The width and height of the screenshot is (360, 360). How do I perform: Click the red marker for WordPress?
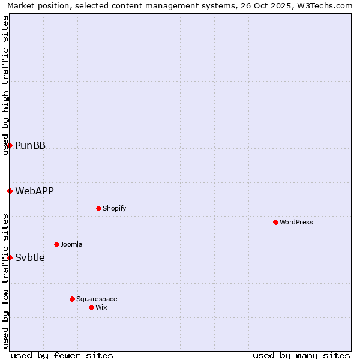pyautogui.click(x=275, y=222)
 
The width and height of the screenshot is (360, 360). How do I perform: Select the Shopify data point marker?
pyautogui.click(x=98, y=208)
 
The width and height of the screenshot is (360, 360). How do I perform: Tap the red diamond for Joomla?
pyautogui.click(x=56, y=244)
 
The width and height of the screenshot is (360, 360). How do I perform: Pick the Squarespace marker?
pyautogui.click(x=72, y=299)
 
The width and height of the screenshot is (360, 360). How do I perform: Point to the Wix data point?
pyautogui.click(x=91, y=307)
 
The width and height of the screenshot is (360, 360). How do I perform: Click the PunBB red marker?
pyautogui.click(x=10, y=145)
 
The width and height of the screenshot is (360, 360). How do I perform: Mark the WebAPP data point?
pyautogui.click(x=10, y=191)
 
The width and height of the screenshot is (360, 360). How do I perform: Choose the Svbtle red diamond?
pyautogui.click(x=10, y=257)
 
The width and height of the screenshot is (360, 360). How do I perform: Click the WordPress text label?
pyautogui.click(x=296, y=222)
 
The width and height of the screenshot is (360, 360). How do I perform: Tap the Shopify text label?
pyautogui.click(x=115, y=208)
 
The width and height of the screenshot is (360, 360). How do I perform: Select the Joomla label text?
pyautogui.click(x=71, y=244)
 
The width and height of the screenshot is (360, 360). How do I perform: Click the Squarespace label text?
pyautogui.click(x=97, y=299)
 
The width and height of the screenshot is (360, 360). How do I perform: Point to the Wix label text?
pyautogui.click(x=101, y=307)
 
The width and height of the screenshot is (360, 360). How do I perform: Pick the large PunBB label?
pyautogui.click(x=30, y=145)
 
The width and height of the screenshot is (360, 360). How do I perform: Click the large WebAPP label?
pyautogui.click(x=34, y=191)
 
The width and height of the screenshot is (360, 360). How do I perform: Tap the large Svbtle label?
pyautogui.click(x=30, y=257)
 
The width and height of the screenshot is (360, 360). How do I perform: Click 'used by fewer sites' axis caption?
pyautogui.click(x=62, y=355)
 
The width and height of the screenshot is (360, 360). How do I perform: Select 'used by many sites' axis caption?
pyautogui.click(x=301, y=355)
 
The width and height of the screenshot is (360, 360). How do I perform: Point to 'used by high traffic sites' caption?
pyautogui.click(x=5, y=85)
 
